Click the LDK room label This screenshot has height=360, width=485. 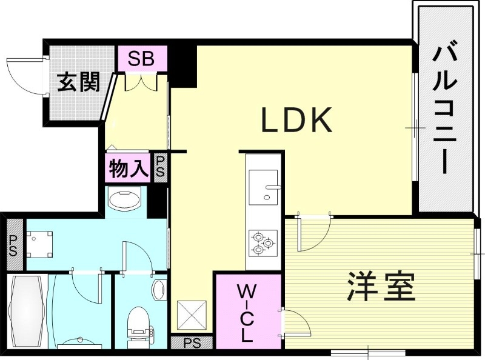[x=297, y=121]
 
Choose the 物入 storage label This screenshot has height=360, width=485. [x=128, y=169]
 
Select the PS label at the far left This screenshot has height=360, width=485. [x=12, y=245]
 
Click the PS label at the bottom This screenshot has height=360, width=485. [x=192, y=343]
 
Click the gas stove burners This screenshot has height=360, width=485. [x=263, y=242]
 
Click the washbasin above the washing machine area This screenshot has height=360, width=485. [x=125, y=199]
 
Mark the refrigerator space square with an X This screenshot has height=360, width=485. [x=191, y=316]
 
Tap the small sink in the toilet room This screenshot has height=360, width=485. [x=159, y=290]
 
